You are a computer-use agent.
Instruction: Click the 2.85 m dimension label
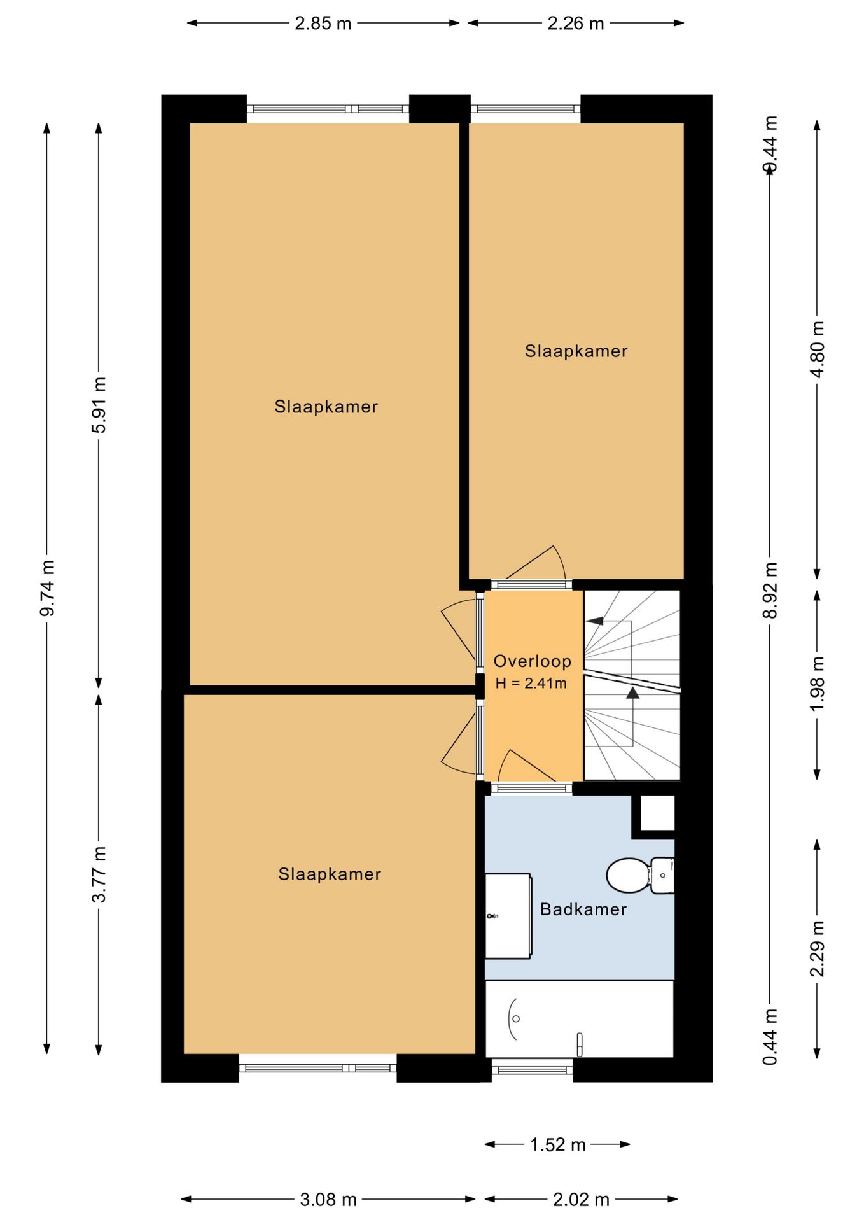[323, 24]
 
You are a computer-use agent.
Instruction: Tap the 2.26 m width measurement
[576, 24]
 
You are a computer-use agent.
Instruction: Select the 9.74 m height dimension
[47, 588]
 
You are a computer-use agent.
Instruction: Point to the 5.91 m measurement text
[99, 405]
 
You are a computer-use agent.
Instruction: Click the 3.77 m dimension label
[99, 874]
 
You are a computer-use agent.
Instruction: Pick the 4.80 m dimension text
[818, 349]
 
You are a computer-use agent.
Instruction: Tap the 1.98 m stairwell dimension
[818, 684]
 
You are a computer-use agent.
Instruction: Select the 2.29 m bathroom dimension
[818, 949]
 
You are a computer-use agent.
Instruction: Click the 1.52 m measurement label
[558, 1145]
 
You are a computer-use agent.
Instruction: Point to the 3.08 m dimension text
[328, 1200]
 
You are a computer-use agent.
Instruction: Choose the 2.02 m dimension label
[581, 1200]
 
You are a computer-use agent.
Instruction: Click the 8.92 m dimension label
[770, 590]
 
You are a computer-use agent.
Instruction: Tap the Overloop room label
[533, 661]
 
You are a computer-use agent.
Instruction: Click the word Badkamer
[583, 909]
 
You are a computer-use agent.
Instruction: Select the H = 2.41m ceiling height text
[531, 684]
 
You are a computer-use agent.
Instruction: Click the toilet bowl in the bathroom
[629, 876]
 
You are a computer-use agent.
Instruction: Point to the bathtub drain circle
[516, 1019]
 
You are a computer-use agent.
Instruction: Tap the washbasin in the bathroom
[508, 916]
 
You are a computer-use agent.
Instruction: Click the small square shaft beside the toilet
[657, 813]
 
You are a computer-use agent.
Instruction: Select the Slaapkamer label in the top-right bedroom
[576, 351]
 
